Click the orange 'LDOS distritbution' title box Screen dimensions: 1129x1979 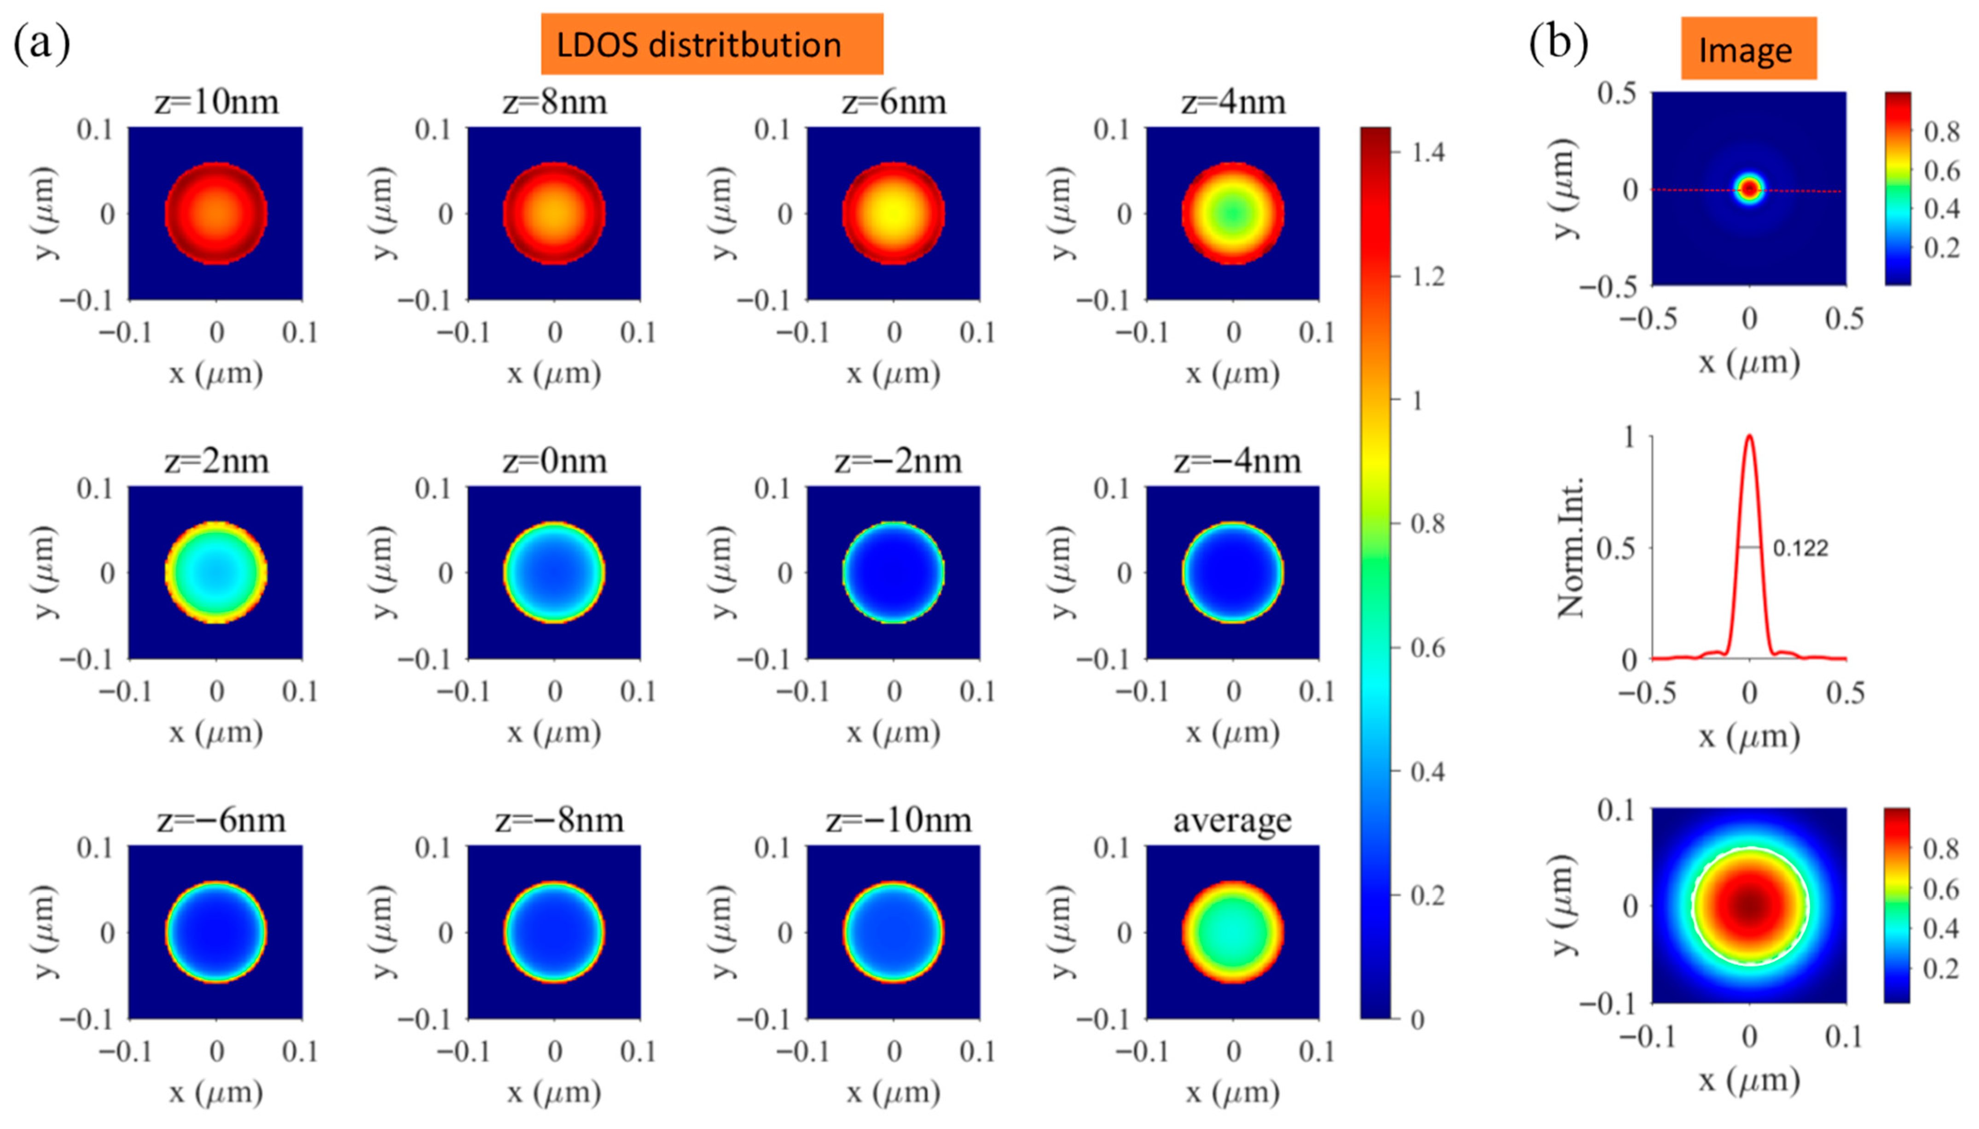point(711,44)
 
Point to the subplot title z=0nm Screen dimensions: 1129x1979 point(554,461)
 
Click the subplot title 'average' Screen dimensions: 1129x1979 point(1232,820)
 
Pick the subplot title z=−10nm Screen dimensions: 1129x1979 point(898,820)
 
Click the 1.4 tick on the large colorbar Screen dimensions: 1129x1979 point(1427,153)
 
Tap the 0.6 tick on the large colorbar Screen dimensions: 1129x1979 point(1427,648)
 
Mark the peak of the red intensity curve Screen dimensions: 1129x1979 point(1749,437)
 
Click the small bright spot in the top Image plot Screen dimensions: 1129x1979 point(1749,188)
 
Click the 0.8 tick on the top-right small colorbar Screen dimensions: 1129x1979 point(1941,132)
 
